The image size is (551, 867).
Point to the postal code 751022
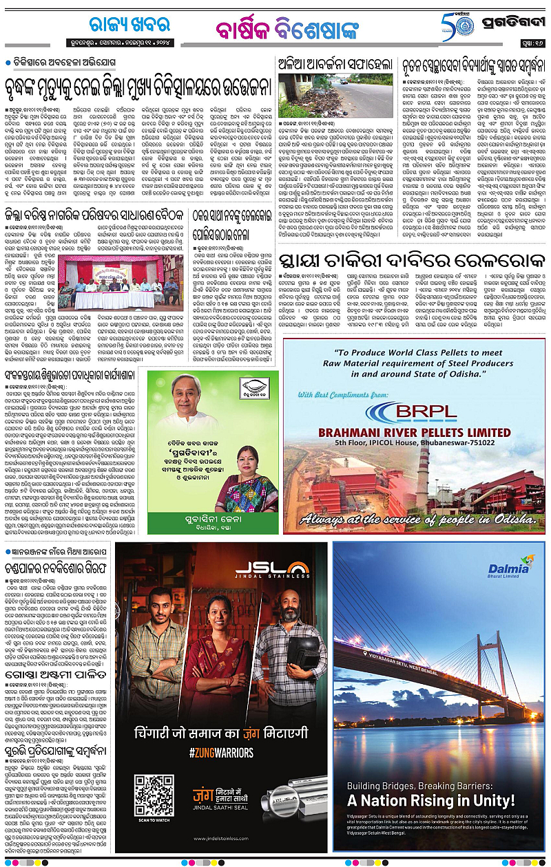490,444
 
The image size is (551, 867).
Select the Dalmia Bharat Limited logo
508,572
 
